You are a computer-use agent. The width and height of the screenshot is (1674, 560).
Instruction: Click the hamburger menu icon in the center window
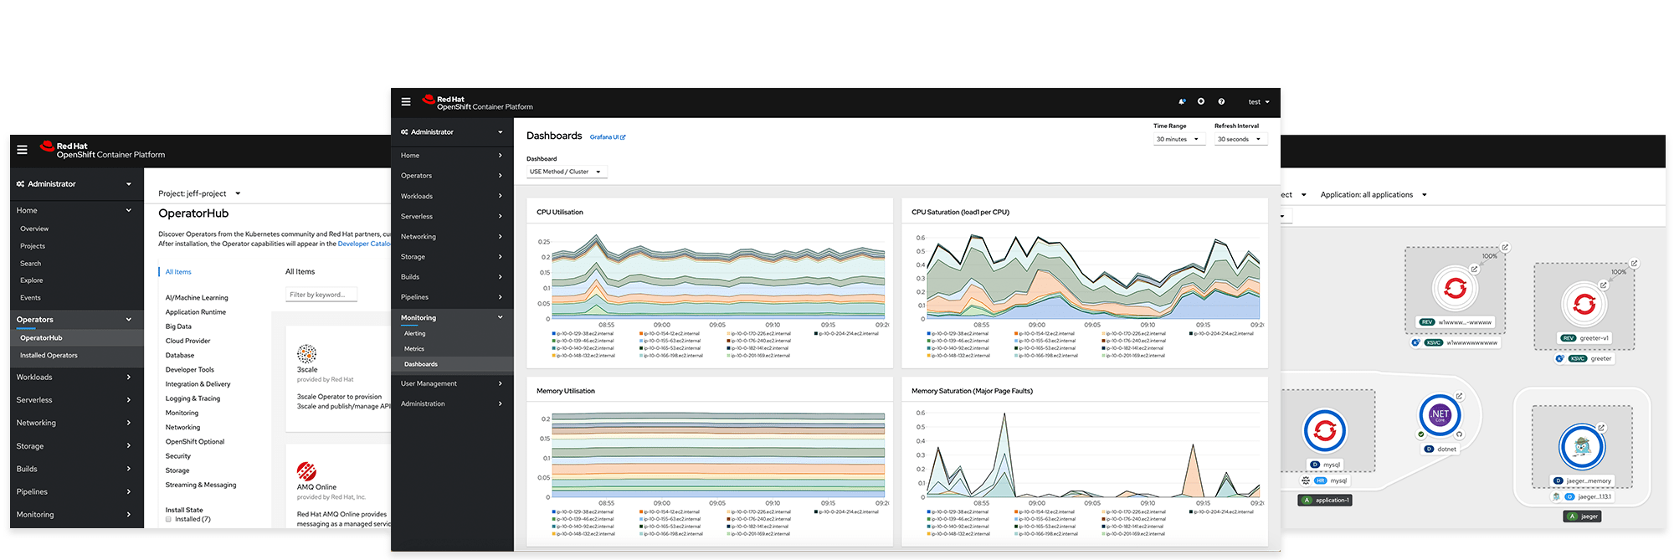tap(406, 102)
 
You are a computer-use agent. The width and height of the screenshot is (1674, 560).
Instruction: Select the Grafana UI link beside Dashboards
tap(607, 137)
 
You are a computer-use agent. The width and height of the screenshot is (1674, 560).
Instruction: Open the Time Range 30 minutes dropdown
tap(1177, 139)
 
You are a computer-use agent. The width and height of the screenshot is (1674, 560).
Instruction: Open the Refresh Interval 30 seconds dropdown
tap(1240, 139)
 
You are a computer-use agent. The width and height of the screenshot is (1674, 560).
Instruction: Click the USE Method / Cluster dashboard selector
tap(566, 172)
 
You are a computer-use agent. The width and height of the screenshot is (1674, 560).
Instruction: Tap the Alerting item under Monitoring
tap(415, 333)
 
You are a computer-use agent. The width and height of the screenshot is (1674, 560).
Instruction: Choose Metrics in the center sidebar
tap(414, 349)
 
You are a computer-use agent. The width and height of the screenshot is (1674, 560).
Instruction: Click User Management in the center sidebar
tap(429, 383)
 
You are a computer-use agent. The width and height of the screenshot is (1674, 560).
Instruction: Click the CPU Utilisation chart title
tap(560, 212)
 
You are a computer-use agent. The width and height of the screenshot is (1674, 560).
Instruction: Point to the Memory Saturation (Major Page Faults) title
tap(972, 391)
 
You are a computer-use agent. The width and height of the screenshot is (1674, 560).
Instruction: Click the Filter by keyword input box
tap(321, 295)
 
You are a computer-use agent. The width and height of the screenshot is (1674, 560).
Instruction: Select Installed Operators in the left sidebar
tap(49, 356)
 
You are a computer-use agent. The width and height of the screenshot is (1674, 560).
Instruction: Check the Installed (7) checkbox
tap(168, 519)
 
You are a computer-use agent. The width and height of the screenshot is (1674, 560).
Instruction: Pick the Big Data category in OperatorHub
tap(178, 326)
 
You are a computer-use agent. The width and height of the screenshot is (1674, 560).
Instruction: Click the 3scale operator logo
tap(307, 353)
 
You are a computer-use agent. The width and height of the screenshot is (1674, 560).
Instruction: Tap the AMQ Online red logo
tap(306, 471)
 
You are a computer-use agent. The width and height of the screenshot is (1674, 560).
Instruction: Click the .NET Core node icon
tap(1440, 414)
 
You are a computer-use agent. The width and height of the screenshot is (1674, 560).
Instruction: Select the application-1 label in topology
tap(1327, 501)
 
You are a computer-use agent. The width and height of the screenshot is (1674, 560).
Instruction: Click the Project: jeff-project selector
tap(199, 193)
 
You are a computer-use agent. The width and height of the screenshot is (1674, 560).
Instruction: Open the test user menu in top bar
tap(1259, 102)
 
